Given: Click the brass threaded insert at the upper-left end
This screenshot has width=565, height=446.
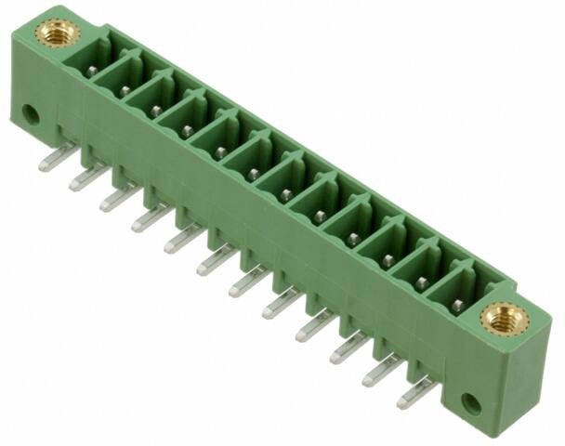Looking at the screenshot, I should tap(57, 33).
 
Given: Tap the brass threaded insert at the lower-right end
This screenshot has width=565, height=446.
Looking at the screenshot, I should tap(504, 320).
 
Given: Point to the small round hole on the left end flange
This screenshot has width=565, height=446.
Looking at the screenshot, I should tap(31, 115).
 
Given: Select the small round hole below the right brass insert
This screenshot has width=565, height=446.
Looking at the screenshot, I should tap(471, 403).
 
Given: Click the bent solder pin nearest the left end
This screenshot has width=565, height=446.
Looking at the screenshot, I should tap(52, 160).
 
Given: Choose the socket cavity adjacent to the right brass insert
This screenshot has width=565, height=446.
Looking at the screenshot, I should tap(456, 292).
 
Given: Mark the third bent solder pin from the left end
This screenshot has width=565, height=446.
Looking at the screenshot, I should tap(119, 198).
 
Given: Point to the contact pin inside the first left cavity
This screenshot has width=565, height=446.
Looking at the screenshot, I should tap(93, 70).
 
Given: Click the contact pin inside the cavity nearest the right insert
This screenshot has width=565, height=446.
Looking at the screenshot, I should tap(457, 304).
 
